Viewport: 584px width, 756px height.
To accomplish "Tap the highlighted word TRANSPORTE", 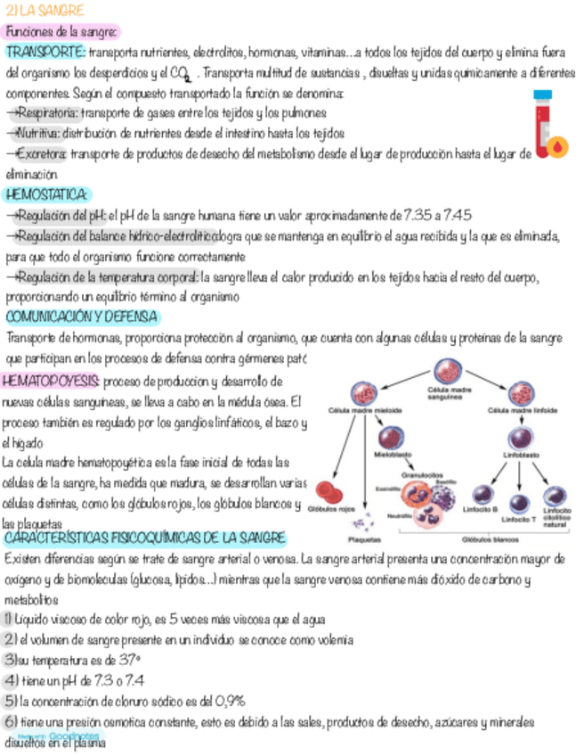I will point(45,51).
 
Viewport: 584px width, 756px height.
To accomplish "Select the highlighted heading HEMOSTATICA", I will point(46,194).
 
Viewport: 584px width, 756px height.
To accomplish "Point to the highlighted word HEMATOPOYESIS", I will point(51,382).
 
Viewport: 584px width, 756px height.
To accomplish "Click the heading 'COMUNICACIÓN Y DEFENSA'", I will point(82,316).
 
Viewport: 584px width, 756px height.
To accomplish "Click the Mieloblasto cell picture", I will point(393,437).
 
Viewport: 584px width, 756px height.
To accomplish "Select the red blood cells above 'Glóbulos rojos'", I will point(330,492).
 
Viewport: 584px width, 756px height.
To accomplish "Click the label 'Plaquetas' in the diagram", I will point(362,539).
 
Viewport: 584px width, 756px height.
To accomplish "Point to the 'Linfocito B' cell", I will point(483,495).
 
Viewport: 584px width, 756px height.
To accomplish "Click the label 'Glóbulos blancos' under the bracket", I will point(489,539).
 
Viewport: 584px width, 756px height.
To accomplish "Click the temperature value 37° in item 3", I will point(130,660).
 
